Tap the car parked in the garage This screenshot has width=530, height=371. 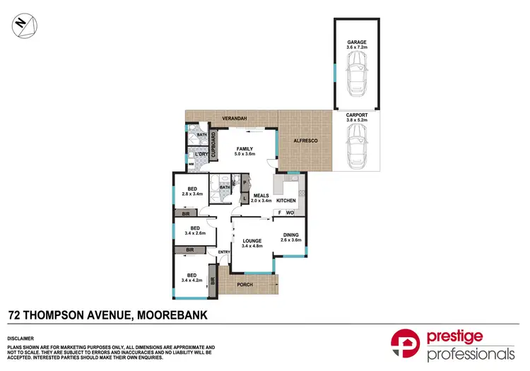click(356, 73)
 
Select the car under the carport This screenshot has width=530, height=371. click(356, 150)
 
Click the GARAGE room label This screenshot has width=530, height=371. click(356, 42)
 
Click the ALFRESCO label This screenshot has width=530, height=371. click(305, 142)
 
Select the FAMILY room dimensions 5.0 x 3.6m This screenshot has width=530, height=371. click(245, 153)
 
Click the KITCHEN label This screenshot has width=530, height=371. click(285, 201)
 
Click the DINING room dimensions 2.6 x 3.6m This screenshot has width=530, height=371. click(291, 240)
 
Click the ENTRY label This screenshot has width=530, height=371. click(224, 252)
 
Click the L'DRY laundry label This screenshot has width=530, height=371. click(201, 154)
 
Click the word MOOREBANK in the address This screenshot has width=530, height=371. click(171, 314)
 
